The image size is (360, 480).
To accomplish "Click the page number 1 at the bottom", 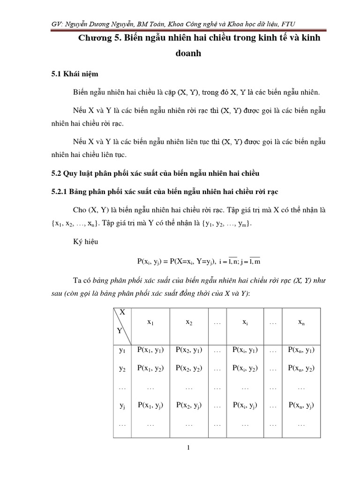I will (188, 448).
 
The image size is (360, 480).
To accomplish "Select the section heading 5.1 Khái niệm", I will (75, 74).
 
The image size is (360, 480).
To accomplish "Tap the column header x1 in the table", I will (150, 323).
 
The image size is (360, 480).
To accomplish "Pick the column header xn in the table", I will (301, 323).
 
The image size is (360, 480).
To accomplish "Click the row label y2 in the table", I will (123, 369).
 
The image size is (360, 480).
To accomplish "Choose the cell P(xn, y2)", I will (301, 368).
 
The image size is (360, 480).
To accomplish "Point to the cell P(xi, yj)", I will (245, 406).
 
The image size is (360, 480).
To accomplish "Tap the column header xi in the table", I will (245, 323).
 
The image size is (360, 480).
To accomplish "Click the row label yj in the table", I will (123, 406).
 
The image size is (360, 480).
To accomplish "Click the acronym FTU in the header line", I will (287, 24).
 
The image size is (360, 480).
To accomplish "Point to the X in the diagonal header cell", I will (123, 312).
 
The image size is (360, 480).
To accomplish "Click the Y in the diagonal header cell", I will (120, 330).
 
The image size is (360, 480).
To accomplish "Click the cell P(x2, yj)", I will (189, 406).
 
